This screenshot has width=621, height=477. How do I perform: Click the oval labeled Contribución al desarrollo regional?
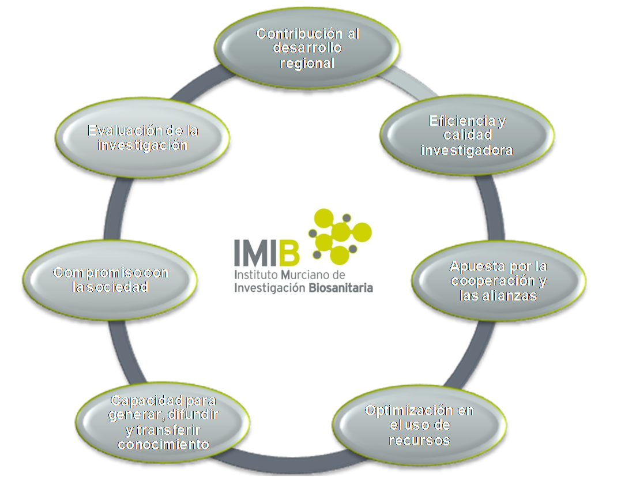pos(307,48)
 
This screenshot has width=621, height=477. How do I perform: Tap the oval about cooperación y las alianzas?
pos(499,281)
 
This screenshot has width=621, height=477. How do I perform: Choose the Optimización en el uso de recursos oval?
pos(419,426)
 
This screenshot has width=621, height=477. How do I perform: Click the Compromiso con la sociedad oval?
pos(110,280)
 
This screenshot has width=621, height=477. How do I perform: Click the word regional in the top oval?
pos(307,63)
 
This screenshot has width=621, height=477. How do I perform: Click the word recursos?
pos(419,441)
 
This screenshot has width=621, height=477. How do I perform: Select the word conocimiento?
pos(162,445)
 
